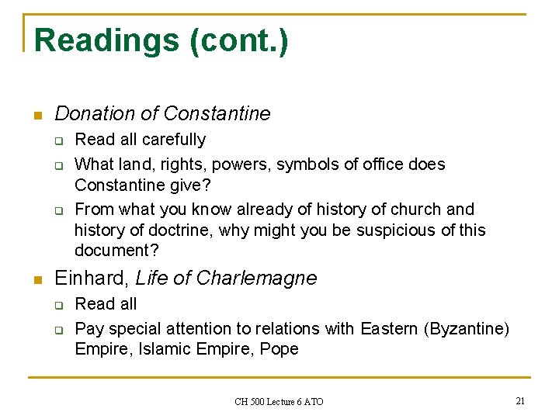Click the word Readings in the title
(x=107, y=40)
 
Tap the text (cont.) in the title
(x=238, y=40)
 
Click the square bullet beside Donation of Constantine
(x=36, y=116)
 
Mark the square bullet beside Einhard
(x=36, y=280)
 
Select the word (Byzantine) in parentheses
(x=467, y=329)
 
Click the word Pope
(x=279, y=349)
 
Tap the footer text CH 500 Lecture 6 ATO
(x=279, y=401)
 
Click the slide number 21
(x=519, y=400)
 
